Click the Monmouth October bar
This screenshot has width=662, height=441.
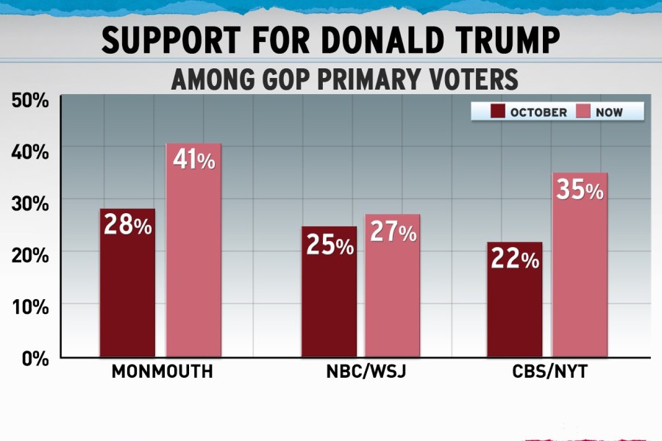coord(127,283)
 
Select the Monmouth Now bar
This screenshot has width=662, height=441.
coord(193,250)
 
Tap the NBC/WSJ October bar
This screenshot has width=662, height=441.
coord(329,292)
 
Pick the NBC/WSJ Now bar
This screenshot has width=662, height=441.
coord(393,286)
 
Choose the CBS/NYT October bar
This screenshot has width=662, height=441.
coord(514,300)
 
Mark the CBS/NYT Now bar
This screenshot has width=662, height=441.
coord(580,265)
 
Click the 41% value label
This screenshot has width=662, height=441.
coord(193,160)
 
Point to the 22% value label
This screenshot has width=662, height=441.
coord(513,259)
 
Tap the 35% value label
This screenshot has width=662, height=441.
coord(580,190)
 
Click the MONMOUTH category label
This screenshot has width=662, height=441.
coord(163,372)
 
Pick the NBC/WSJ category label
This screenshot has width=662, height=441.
coord(366,372)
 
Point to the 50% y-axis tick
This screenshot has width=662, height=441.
coord(29,99)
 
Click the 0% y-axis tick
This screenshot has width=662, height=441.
coord(35,359)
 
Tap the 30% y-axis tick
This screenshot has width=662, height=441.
coord(29,203)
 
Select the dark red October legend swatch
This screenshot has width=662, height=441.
coord(497,112)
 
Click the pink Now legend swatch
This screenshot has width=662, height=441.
coord(583,112)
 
